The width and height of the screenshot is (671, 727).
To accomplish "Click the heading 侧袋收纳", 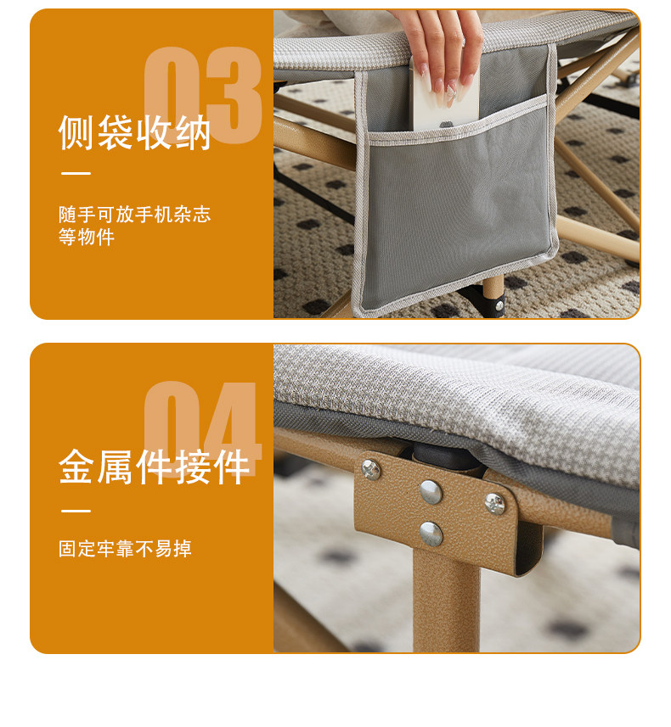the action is click(x=134, y=132).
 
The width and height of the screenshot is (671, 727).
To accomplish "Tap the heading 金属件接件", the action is click(x=154, y=467).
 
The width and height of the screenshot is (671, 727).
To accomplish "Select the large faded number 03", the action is click(x=203, y=95).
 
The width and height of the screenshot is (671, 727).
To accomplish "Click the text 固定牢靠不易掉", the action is click(x=125, y=549).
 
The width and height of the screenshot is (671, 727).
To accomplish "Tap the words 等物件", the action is click(x=87, y=237).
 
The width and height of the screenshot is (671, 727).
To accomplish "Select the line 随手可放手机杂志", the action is click(x=135, y=215).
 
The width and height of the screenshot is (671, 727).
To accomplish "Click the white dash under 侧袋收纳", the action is click(x=76, y=173).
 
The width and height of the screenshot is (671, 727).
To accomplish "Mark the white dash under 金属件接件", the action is click(x=76, y=511).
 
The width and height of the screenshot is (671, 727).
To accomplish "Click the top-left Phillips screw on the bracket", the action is click(x=370, y=469).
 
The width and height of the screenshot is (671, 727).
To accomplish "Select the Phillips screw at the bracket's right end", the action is click(x=494, y=504).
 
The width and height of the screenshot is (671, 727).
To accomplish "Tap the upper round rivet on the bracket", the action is click(x=431, y=492).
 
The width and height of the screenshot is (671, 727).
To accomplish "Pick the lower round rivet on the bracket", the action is click(x=431, y=534).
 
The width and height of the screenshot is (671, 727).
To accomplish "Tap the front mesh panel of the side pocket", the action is click(x=458, y=211).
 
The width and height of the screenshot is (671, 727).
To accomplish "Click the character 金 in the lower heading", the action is click(x=76, y=467).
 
